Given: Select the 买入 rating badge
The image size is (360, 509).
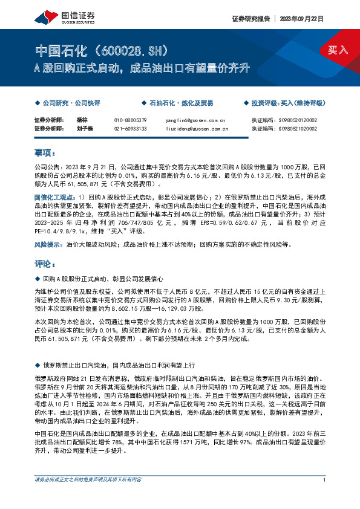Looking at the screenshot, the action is point(338,50).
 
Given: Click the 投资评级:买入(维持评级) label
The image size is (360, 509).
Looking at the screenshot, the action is point(287,103).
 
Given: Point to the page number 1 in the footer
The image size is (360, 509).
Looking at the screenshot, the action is point(325,497).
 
